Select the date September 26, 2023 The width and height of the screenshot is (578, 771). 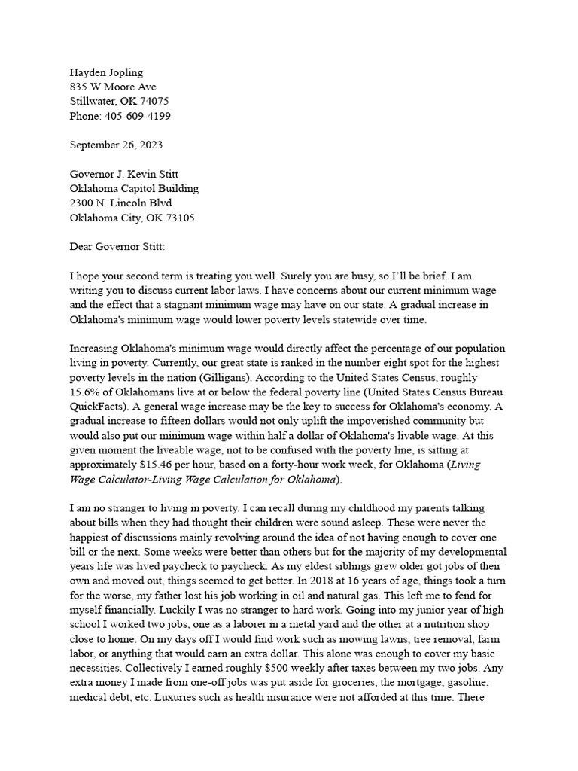tap(116, 145)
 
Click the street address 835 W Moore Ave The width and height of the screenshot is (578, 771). tap(113, 87)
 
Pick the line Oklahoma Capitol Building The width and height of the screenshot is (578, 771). tap(134, 188)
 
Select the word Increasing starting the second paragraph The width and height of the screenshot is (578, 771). tap(97, 349)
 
